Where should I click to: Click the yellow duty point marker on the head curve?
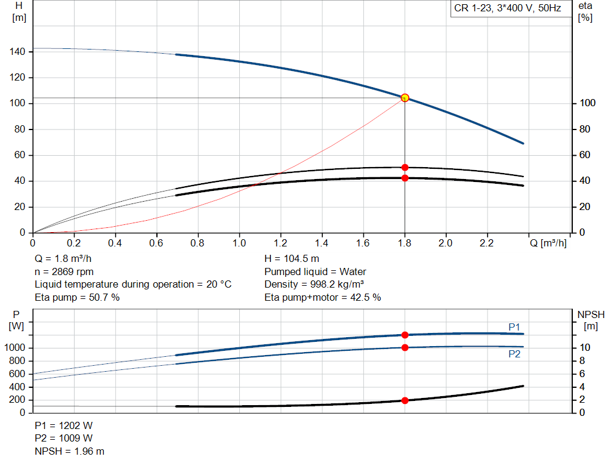click(405, 98)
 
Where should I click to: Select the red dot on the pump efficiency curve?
click(405, 168)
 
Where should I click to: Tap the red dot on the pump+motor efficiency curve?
click(405, 178)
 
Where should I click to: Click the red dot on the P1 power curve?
click(405, 335)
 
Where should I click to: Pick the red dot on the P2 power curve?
click(405, 347)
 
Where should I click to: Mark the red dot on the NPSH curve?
click(405, 400)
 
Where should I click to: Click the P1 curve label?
click(514, 327)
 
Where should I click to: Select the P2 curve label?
click(514, 354)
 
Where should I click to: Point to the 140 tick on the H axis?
click(17, 51)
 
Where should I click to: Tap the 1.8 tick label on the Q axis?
click(405, 243)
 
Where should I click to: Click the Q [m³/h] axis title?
click(548, 243)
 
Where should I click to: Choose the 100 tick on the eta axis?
click(587, 103)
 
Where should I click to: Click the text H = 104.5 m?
click(292, 259)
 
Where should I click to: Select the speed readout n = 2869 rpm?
click(64, 272)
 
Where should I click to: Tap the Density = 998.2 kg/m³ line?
click(314, 285)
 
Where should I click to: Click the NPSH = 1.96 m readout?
click(70, 451)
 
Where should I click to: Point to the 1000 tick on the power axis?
click(14, 347)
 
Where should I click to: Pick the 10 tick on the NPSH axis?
click(585, 347)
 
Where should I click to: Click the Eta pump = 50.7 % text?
click(77, 298)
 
